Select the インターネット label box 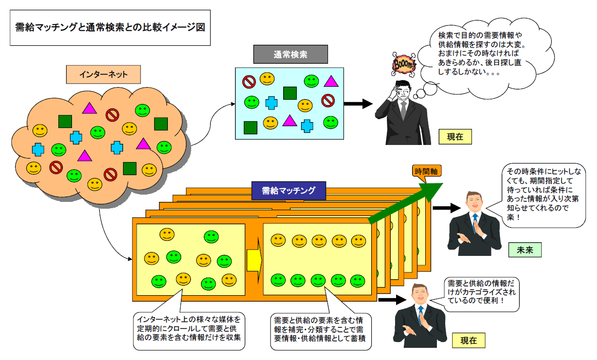[x=103, y=74]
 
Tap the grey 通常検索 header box [x=290, y=54]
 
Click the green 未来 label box [x=525, y=250]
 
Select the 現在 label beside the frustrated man [x=455, y=137]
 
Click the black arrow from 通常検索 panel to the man [x=358, y=103]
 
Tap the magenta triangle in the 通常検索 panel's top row [x=331, y=81]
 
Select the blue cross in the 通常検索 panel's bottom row [x=307, y=126]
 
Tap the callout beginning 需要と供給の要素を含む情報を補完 [x=320, y=330]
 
